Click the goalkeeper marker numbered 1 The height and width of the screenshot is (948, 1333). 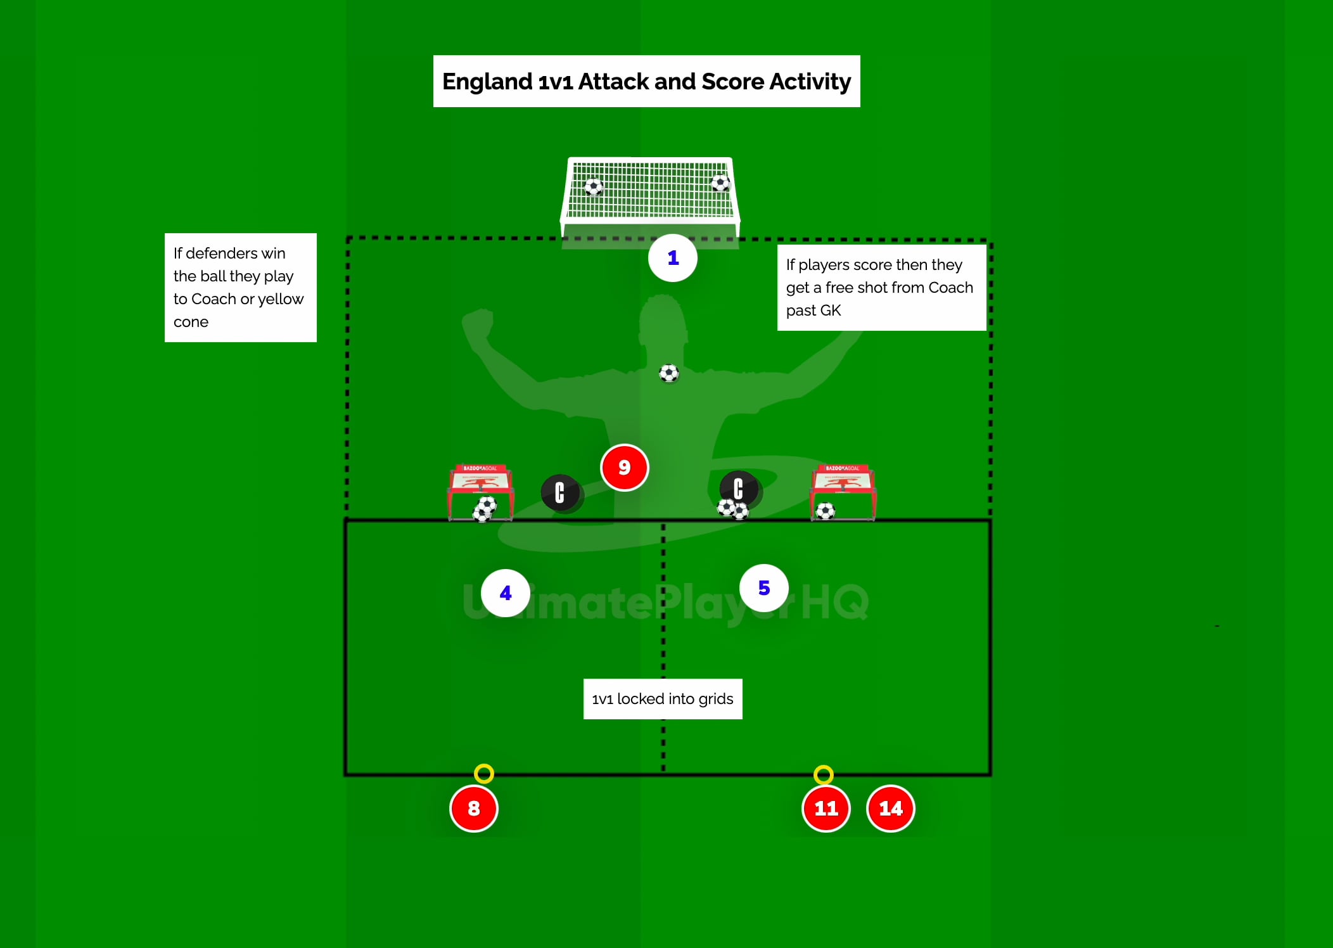tap(673, 258)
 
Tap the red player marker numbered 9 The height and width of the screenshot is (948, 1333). tap(624, 468)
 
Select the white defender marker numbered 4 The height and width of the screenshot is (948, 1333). tap(505, 593)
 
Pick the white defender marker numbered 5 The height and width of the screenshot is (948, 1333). tap(764, 588)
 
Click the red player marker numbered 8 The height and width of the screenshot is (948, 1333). tap(473, 808)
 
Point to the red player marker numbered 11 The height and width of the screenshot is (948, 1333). tap(826, 808)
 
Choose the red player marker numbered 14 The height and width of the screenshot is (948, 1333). tap(890, 808)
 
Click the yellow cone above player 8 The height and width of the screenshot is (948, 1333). tap(483, 773)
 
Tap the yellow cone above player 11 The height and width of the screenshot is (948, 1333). tap(823, 774)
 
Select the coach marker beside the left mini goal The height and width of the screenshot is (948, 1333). tap(560, 492)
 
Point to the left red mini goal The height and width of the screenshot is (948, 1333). tap(480, 491)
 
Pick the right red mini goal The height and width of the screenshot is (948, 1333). tap(843, 491)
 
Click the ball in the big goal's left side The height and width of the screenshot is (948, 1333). tap(593, 187)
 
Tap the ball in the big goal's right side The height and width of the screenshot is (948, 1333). tap(720, 183)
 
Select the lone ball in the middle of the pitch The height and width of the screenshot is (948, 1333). tap(668, 373)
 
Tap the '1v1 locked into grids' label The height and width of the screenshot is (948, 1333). tap(662, 699)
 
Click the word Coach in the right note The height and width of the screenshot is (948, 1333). tap(950, 288)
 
